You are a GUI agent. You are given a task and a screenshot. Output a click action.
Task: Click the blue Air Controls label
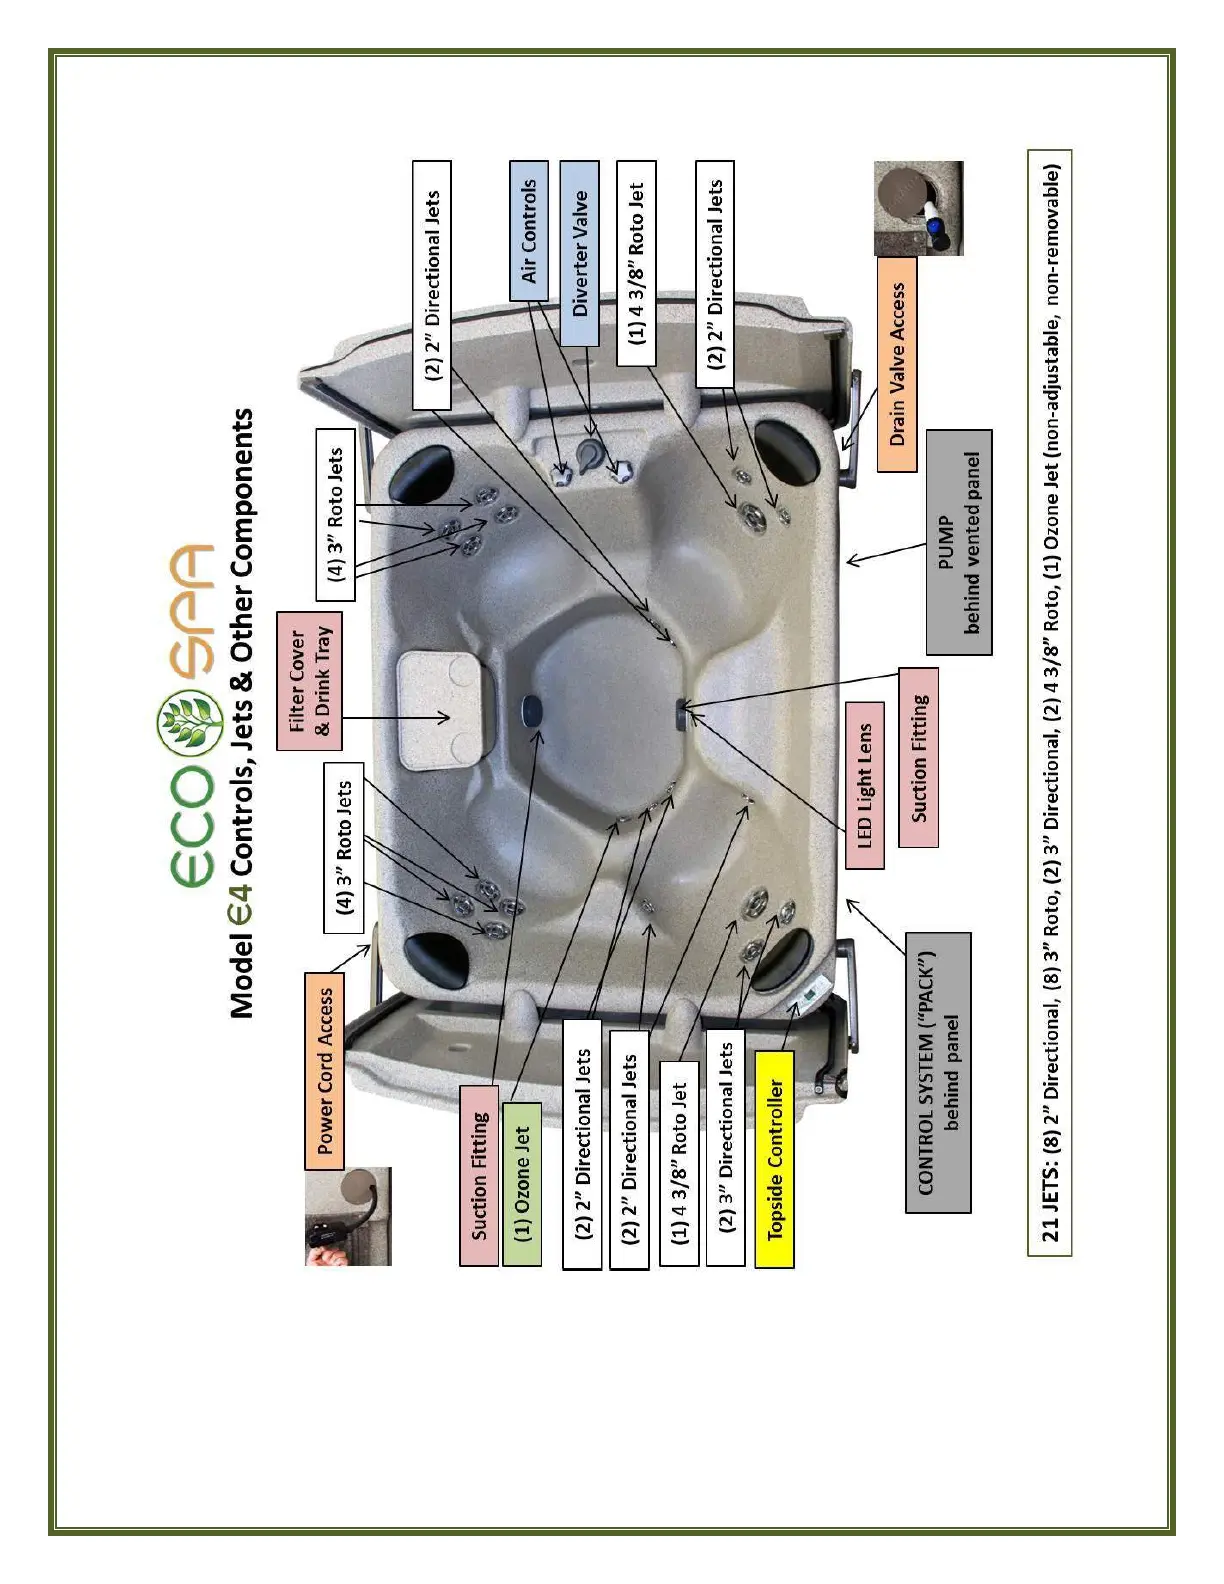click(529, 230)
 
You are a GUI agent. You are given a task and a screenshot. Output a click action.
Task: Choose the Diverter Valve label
click(579, 254)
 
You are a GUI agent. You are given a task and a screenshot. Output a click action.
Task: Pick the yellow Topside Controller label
click(774, 1159)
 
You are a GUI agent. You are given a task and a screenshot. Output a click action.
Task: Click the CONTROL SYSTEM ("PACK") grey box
click(938, 1072)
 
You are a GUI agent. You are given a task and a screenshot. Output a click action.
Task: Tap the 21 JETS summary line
click(1049, 702)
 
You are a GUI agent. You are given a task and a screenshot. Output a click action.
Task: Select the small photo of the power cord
click(348, 1216)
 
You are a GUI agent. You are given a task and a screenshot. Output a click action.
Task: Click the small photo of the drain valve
click(918, 208)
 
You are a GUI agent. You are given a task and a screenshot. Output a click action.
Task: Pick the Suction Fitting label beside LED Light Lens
click(918, 757)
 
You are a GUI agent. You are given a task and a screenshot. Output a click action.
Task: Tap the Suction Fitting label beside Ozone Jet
click(479, 1175)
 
